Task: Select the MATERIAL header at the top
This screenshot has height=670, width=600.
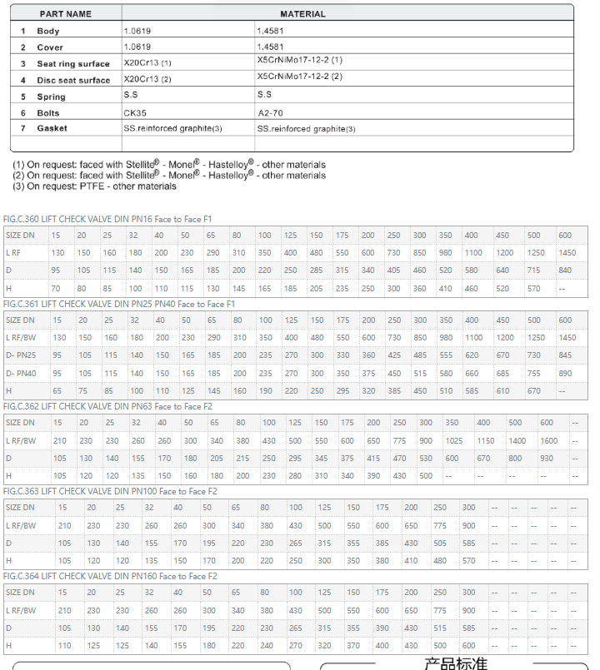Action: pos(302,14)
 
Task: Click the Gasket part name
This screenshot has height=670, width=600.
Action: pos(52,128)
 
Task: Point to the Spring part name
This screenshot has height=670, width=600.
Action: pos(51,97)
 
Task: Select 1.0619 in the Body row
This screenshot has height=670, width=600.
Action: pos(137,31)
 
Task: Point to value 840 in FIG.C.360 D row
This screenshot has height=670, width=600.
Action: pos(567,270)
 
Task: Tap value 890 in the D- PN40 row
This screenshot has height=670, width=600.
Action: pos(567,373)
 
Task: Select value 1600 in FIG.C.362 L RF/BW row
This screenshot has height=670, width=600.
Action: pos(549,440)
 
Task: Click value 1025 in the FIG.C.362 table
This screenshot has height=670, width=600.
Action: pos(454,440)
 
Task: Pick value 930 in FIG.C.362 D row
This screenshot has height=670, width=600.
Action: pos(547,458)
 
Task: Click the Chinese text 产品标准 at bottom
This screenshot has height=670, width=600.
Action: pos(455,663)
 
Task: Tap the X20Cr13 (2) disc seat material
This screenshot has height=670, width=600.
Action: pos(147,79)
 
